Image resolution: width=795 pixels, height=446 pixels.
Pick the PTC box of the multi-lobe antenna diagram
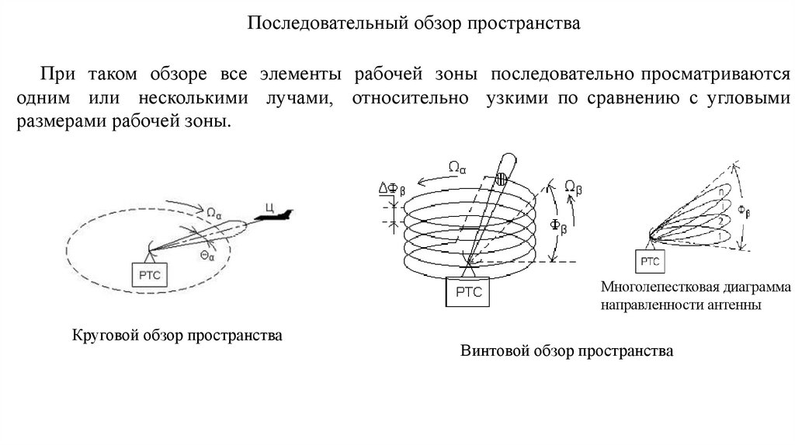(651, 262)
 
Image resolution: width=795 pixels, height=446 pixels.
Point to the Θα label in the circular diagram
(207, 256)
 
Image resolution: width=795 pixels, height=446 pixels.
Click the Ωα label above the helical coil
(457, 165)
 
